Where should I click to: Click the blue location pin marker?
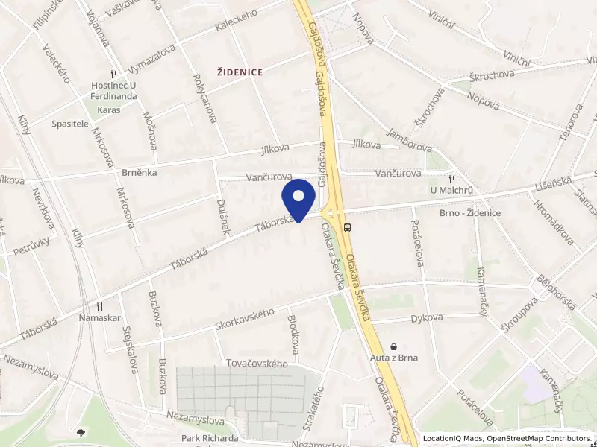coord(299,198)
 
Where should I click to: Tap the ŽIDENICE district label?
coord(240,72)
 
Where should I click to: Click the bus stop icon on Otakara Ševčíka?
coord(348,227)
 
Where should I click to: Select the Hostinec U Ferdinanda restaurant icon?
coord(113,74)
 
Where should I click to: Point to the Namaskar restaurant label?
coord(99,317)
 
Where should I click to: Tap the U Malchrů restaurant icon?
coord(452,179)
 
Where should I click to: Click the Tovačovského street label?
coord(257,364)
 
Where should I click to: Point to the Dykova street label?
coord(427,317)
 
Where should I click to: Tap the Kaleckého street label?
coord(236,24)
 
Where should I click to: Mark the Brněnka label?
coord(138,171)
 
